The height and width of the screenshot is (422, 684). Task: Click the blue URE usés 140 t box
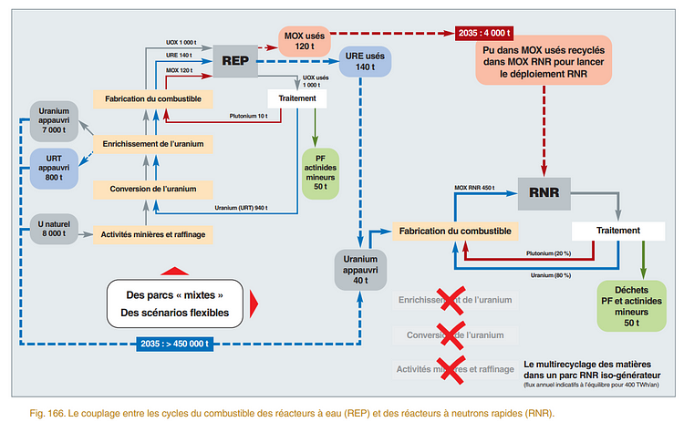click(x=364, y=61)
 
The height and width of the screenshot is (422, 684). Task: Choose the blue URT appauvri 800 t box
click(x=53, y=167)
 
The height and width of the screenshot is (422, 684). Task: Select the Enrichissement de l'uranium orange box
click(x=152, y=143)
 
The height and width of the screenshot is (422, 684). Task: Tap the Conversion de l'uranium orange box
click(x=152, y=189)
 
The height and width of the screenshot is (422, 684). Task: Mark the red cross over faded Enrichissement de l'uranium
click(x=451, y=300)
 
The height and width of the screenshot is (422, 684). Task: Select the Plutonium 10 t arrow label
click(x=249, y=116)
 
